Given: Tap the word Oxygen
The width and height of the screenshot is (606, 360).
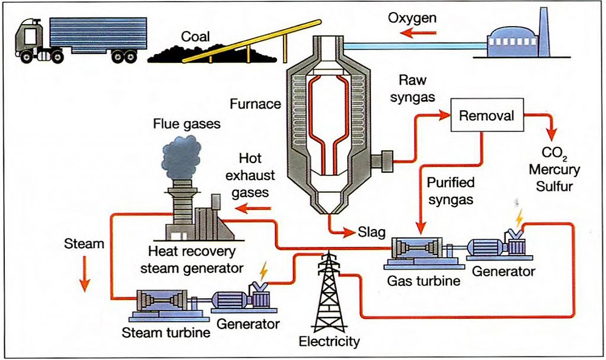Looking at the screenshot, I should (412, 18).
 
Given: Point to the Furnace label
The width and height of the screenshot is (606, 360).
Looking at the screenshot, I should (255, 104).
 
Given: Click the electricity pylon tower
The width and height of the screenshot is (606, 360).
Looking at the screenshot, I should (328, 291).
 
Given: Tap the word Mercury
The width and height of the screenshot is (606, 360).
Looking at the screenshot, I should (558, 169).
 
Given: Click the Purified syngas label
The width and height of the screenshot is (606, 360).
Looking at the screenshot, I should (451, 190).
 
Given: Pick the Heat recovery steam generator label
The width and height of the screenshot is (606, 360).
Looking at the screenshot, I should (192, 259).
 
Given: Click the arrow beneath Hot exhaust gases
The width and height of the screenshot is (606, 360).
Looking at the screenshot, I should (255, 209).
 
